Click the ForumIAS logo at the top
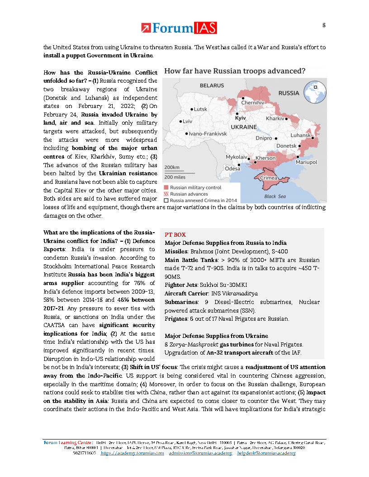click(179, 28)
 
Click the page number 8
click(323, 25)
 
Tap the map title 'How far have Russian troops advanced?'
click(234, 71)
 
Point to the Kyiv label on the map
click(240, 118)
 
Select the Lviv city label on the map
click(188, 122)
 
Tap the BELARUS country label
click(212, 85)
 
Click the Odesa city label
click(232, 168)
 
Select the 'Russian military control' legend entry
click(195, 187)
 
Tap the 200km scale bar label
click(172, 167)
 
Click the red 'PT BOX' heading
click(175, 234)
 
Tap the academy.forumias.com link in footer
click(132, 453)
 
